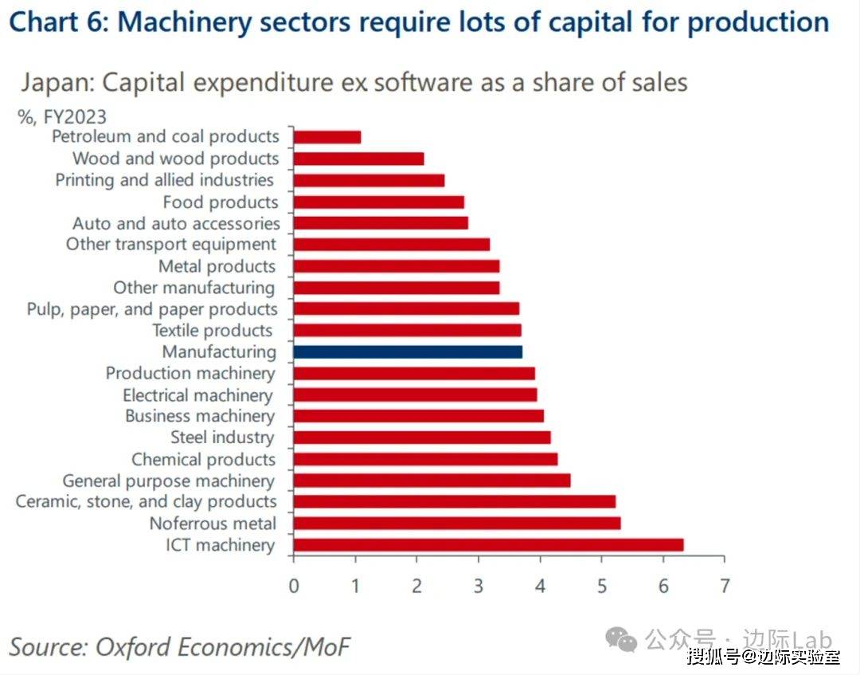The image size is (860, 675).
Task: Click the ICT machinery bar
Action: coord(488,545)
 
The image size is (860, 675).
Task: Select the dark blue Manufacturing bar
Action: coord(408,351)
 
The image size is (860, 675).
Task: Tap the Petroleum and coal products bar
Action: coord(327,137)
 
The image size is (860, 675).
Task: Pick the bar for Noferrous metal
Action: coord(457,524)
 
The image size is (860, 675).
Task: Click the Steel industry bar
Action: coord(422,438)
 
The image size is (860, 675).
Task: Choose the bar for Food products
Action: coord(378,202)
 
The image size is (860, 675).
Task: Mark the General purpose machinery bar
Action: coord(432,481)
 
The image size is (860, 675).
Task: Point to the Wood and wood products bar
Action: coord(358,159)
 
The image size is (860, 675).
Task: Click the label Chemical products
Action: coord(203,460)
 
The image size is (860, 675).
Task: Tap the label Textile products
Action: coord(212,331)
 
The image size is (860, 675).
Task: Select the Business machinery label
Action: coord(200,416)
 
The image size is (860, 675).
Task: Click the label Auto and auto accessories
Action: coord(176,224)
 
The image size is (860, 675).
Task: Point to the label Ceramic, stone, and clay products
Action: coord(147,502)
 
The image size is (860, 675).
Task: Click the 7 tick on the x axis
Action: coord(724,586)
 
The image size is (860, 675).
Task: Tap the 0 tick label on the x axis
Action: coord(294,586)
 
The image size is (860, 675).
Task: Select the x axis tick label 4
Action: coord(540,586)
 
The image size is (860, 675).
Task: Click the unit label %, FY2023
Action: coord(62,117)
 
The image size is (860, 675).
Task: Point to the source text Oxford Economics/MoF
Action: coord(223,646)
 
